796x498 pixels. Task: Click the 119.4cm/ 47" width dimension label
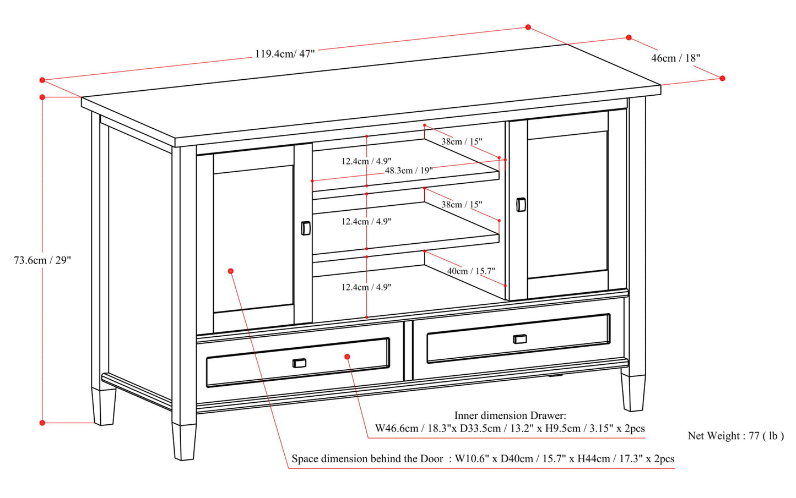point(284,54)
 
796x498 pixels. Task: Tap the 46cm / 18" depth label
point(675,58)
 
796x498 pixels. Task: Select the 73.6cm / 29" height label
point(42,260)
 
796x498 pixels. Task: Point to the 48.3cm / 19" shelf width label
point(408,171)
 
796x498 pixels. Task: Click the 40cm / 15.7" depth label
point(470,271)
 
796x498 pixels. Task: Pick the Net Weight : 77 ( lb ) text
point(735,436)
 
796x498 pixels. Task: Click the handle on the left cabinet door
point(306,228)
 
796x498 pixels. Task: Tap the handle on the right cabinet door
point(521,205)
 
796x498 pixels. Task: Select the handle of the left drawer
point(299,363)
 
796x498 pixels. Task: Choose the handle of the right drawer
point(519,338)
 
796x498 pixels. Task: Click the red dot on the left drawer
point(348,357)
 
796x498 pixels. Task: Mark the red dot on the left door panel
point(231,271)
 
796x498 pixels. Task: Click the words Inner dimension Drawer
point(510,416)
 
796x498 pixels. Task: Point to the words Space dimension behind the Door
point(367,459)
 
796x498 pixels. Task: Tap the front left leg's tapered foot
point(183,441)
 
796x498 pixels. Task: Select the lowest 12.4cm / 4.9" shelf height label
point(366,287)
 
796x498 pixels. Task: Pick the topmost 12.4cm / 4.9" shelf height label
point(366,161)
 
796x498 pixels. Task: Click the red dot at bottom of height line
point(42,423)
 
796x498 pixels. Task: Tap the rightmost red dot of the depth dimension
point(722,78)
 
